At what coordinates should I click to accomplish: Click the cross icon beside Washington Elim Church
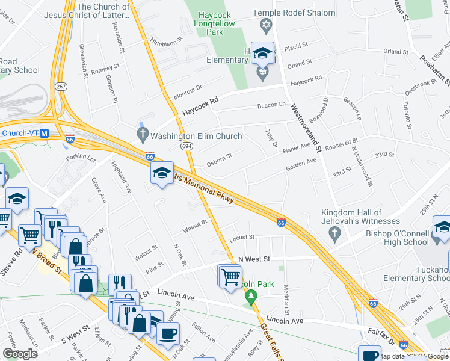coord(143,134)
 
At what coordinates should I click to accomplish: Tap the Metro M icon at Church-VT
coord(44,133)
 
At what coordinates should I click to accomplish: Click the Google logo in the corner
coord(20,354)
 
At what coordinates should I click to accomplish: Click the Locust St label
coord(243,237)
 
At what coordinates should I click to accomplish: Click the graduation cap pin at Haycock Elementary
coord(262,54)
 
